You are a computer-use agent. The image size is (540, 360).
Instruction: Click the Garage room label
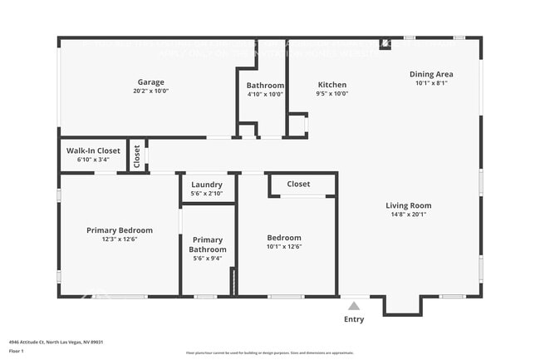tap(151, 82)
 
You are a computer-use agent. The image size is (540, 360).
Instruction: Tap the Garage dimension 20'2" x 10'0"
tap(151, 91)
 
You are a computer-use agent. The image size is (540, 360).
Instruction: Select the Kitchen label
tap(332, 85)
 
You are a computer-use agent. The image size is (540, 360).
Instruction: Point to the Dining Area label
tap(432, 74)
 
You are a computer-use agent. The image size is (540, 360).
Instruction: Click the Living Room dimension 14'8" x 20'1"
tap(408, 215)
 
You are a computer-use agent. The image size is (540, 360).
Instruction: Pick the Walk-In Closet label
tap(92, 150)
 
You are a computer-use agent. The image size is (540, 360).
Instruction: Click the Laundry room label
tap(207, 185)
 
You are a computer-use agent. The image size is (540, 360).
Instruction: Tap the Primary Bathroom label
tap(208, 244)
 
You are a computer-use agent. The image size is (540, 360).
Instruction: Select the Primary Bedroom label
tap(120, 230)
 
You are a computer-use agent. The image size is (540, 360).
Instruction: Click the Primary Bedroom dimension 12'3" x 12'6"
tap(120, 239)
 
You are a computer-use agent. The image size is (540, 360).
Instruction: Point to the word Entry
tap(354, 319)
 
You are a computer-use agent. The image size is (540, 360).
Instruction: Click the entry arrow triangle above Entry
tap(354, 306)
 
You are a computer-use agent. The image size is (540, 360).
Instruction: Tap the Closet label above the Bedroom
tap(298, 184)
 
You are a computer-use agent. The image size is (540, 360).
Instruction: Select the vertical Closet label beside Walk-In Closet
tap(137, 156)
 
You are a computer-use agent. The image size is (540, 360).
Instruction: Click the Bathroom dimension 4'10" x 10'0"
tap(265, 94)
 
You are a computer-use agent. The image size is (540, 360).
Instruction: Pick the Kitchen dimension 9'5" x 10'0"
tap(332, 94)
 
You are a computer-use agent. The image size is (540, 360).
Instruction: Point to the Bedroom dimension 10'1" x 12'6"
tap(284, 246)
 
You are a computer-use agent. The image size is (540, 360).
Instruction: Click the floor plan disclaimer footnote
tap(270, 353)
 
